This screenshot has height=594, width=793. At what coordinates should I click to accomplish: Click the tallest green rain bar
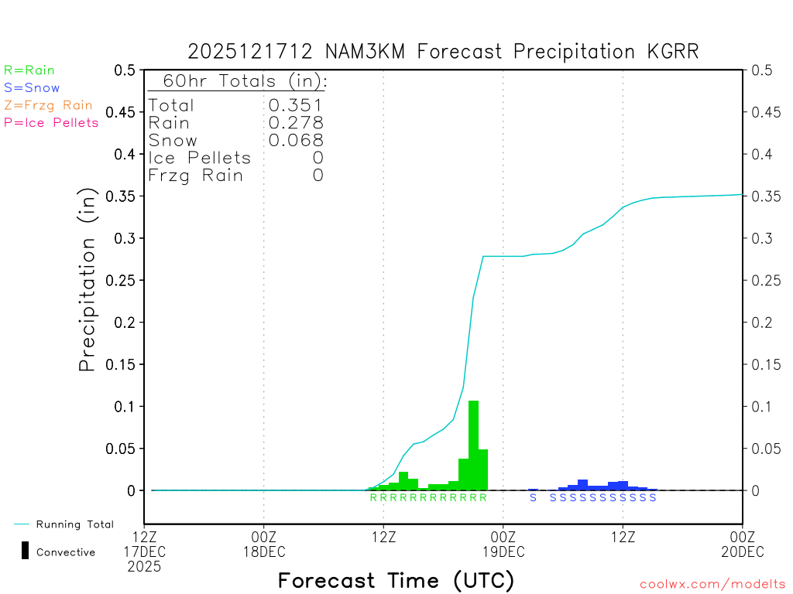(x=473, y=445)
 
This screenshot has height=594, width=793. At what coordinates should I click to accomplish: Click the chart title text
(x=443, y=52)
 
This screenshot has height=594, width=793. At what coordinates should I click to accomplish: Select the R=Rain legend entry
(x=29, y=70)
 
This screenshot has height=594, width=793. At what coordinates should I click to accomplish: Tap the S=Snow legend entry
(x=32, y=88)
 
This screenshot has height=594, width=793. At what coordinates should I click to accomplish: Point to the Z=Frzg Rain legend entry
(x=48, y=105)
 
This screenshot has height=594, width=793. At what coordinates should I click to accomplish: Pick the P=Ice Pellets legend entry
(x=51, y=122)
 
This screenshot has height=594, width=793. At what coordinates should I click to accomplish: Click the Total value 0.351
(x=295, y=105)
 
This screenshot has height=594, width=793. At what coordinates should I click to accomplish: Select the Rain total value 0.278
(x=295, y=123)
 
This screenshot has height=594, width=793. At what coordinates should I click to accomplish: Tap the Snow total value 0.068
(x=295, y=140)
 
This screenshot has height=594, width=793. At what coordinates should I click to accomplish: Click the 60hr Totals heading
(x=237, y=81)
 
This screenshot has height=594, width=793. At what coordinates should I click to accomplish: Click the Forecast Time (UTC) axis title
(x=396, y=580)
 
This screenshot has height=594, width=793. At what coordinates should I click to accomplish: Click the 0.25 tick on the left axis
(x=124, y=280)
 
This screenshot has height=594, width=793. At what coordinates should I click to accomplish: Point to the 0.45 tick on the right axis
(x=763, y=112)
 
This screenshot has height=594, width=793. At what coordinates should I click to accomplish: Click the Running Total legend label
(x=74, y=524)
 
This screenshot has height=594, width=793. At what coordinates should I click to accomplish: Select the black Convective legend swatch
(x=26, y=551)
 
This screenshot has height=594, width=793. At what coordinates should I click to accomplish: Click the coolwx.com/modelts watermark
(x=712, y=585)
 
